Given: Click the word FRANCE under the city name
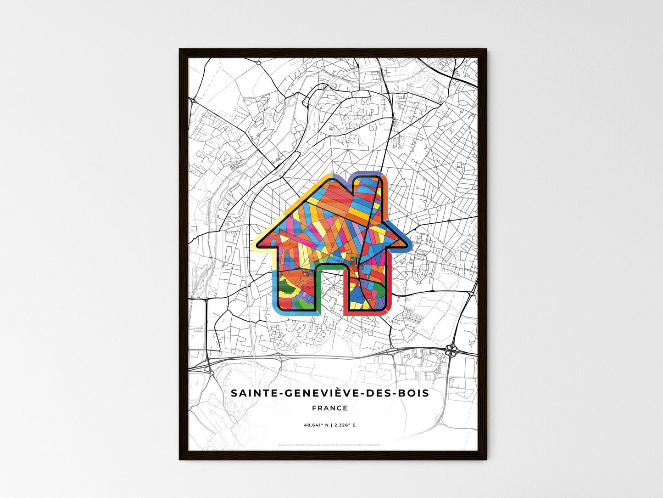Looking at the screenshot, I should coord(329,408).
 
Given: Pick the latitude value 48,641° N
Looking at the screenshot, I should coord(316,425).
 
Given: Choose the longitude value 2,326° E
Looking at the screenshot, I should coord(344,425).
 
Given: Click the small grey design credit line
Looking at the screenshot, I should coord(329,445).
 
